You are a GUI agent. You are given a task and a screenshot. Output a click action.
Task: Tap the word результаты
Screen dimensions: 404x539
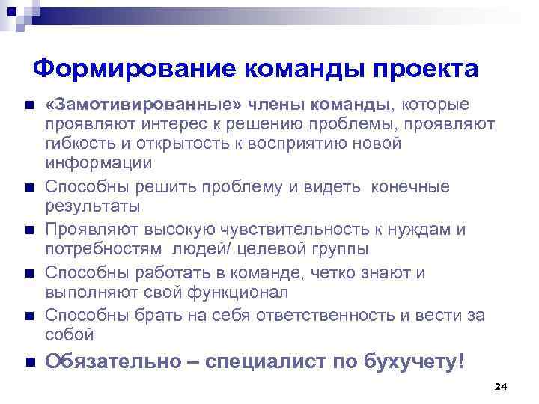(94, 206)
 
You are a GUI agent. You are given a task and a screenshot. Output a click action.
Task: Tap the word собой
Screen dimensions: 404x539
(70, 334)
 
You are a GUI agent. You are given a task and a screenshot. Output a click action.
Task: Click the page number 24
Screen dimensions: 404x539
(501, 386)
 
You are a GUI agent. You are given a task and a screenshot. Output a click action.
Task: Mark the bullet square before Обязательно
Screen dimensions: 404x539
(28, 363)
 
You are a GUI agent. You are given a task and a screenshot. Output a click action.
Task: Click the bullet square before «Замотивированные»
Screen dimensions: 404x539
(28, 105)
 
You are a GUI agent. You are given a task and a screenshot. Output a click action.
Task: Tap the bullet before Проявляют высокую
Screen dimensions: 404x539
(28, 230)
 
